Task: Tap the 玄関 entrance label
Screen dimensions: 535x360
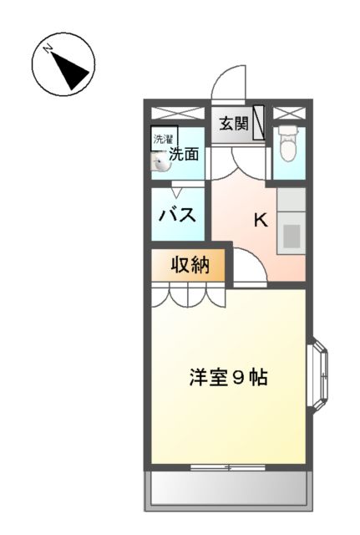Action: pos(233,124)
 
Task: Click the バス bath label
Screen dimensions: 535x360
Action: pos(178,214)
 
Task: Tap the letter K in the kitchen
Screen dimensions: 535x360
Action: pos(260,221)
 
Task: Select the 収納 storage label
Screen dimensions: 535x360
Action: pos(188,266)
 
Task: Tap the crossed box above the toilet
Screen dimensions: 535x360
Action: pos(289,113)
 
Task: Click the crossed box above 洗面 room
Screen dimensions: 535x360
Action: pos(178,113)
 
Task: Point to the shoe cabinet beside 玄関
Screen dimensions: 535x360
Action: pos(259,123)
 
